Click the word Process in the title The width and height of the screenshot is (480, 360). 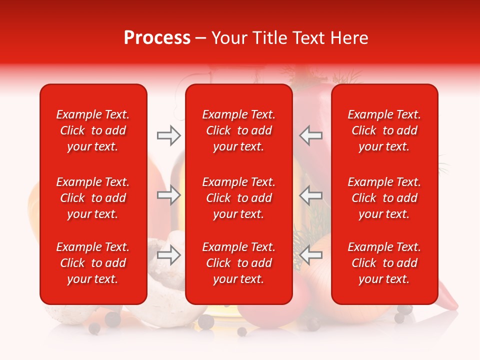pos(157,38)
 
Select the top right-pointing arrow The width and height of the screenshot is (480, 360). pos(169,135)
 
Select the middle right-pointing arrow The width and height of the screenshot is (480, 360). pos(169,195)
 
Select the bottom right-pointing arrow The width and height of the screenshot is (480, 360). pos(169,255)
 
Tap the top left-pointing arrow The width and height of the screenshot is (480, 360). pos(311,135)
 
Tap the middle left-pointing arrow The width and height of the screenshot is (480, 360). pos(311,195)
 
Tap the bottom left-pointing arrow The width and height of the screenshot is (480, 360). pos(311,255)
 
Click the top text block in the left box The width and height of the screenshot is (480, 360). pos(93,130)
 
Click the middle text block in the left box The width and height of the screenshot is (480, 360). pos(93,198)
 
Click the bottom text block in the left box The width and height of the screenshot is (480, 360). pos(93,263)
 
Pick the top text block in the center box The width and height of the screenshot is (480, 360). pos(239,130)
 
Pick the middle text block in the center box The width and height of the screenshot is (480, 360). pos(239,198)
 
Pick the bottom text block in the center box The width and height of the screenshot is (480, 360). pos(239,263)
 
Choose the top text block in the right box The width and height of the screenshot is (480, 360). pos(384,130)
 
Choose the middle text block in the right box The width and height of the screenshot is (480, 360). pos(384,198)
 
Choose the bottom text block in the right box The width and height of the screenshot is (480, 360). pos(384,263)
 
